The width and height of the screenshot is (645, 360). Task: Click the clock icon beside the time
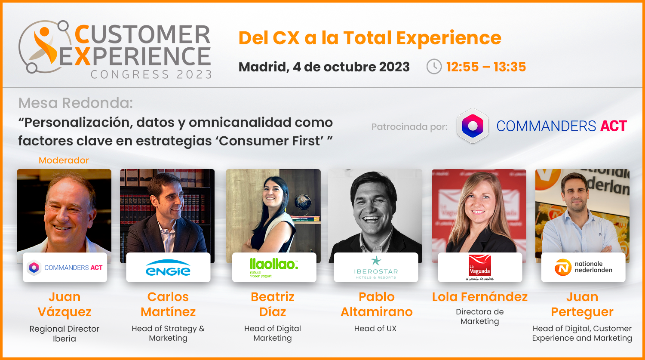pyautogui.click(x=434, y=67)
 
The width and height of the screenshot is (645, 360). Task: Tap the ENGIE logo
pyautogui.click(x=168, y=268)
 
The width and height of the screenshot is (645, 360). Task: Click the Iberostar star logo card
pyautogui.click(x=376, y=267)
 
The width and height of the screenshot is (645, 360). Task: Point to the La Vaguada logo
pyautogui.click(x=480, y=267)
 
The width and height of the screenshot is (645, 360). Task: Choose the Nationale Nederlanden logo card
pyautogui.click(x=583, y=267)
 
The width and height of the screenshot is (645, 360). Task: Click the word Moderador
pyautogui.click(x=64, y=160)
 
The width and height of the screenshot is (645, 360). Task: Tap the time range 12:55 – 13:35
pyautogui.click(x=486, y=67)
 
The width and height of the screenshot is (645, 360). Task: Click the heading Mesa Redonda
pyautogui.click(x=75, y=103)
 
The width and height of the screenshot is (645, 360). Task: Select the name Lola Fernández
pyautogui.click(x=480, y=297)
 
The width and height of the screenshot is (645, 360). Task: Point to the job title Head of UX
pyautogui.click(x=375, y=329)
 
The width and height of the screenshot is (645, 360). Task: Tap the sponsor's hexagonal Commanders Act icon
pyautogui.click(x=473, y=126)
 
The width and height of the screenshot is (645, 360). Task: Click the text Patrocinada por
pyautogui.click(x=409, y=127)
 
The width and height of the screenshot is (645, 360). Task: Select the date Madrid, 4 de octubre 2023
pyautogui.click(x=324, y=67)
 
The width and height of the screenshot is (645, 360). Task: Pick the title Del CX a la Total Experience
pyautogui.click(x=370, y=38)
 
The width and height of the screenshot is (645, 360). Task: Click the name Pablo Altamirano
pyautogui.click(x=376, y=305)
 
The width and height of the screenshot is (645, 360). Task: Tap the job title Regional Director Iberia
pyautogui.click(x=64, y=333)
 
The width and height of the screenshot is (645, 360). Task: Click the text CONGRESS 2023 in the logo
pyautogui.click(x=151, y=74)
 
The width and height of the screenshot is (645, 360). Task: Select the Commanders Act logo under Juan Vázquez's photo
pyautogui.click(x=65, y=268)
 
